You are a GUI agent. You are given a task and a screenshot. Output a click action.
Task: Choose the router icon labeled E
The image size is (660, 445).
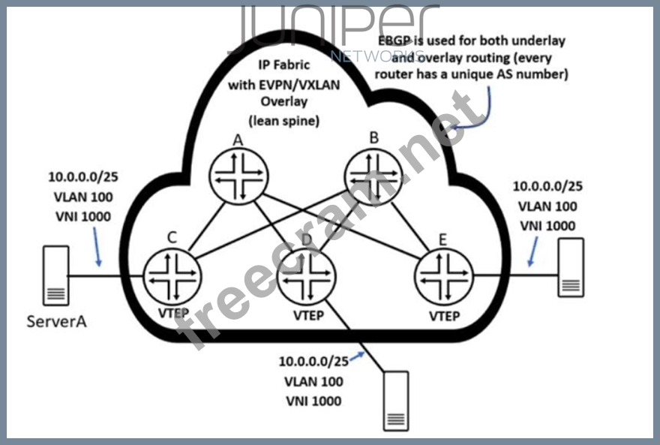tap(443, 275)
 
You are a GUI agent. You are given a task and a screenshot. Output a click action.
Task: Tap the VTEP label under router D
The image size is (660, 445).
tap(308, 316)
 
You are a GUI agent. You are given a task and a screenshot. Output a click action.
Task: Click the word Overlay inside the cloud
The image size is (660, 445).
tap(283, 103)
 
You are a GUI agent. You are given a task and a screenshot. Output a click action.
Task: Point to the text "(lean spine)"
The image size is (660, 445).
tap(283, 120)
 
